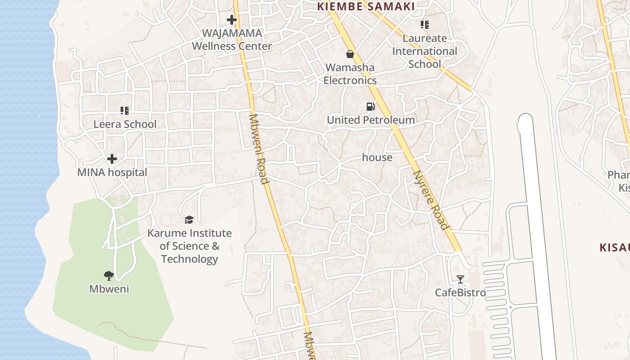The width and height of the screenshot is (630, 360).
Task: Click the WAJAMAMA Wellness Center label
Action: click(232, 40)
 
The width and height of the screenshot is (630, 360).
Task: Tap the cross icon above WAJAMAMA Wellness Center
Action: click(232, 20)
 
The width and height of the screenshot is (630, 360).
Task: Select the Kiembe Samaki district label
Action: click(366, 6)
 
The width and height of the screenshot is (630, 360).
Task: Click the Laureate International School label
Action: click(424, 51)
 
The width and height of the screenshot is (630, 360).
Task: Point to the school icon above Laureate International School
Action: click(425, 25)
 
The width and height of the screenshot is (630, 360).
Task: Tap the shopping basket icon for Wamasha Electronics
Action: click(350, 54)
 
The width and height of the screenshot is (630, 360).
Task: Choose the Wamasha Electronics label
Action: click(350, 74)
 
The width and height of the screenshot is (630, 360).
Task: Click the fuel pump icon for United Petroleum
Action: click(370, 107)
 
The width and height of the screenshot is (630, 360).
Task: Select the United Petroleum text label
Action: click(371, 120)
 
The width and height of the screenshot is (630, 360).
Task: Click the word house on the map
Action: click(377, 157)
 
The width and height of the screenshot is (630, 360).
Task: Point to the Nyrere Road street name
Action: click(431, 200)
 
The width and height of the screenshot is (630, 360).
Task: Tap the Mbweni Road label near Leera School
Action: click(259, 149)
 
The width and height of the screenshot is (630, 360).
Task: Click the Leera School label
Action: click(125, 124)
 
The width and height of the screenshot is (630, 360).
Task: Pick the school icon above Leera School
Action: click(125, 111)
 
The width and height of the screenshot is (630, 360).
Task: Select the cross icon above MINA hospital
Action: click(112, 159)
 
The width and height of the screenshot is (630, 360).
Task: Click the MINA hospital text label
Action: click(112, 172)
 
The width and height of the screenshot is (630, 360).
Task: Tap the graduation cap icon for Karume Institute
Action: click(189, 220)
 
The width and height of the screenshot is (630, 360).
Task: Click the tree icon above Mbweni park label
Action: click(108, 275)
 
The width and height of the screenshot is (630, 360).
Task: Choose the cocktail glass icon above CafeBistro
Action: click(460, 279)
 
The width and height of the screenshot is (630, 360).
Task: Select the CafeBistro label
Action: click(460, 293)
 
